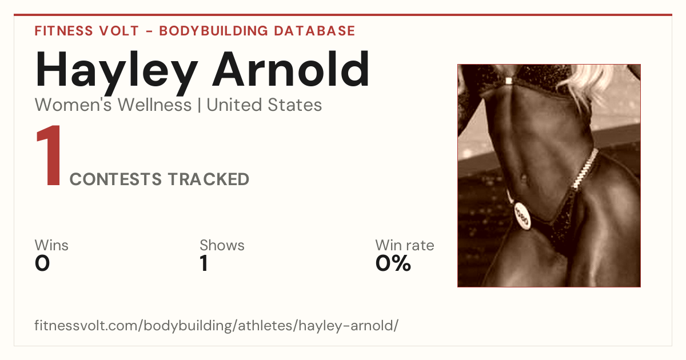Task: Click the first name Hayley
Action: coord(117,73)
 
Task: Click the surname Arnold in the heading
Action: coord(291,69)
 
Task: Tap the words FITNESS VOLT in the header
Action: coord(87,31)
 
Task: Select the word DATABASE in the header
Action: coord(314,31)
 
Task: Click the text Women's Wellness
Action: coord(113,105)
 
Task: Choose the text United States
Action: coord(264,105)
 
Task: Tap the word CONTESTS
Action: coord(115,179)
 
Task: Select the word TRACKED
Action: coord(209,179)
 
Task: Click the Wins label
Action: coord(51,245)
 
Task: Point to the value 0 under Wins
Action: coord(42,263)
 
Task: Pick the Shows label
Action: coord(222,245)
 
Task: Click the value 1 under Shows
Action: coord(204,263)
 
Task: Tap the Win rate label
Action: coord(405,245)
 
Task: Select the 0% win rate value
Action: coord(393,263)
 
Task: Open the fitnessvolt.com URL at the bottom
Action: coord(216,325)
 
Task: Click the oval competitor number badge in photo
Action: coord(522,215)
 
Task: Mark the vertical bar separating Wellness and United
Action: coord(200,105)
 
